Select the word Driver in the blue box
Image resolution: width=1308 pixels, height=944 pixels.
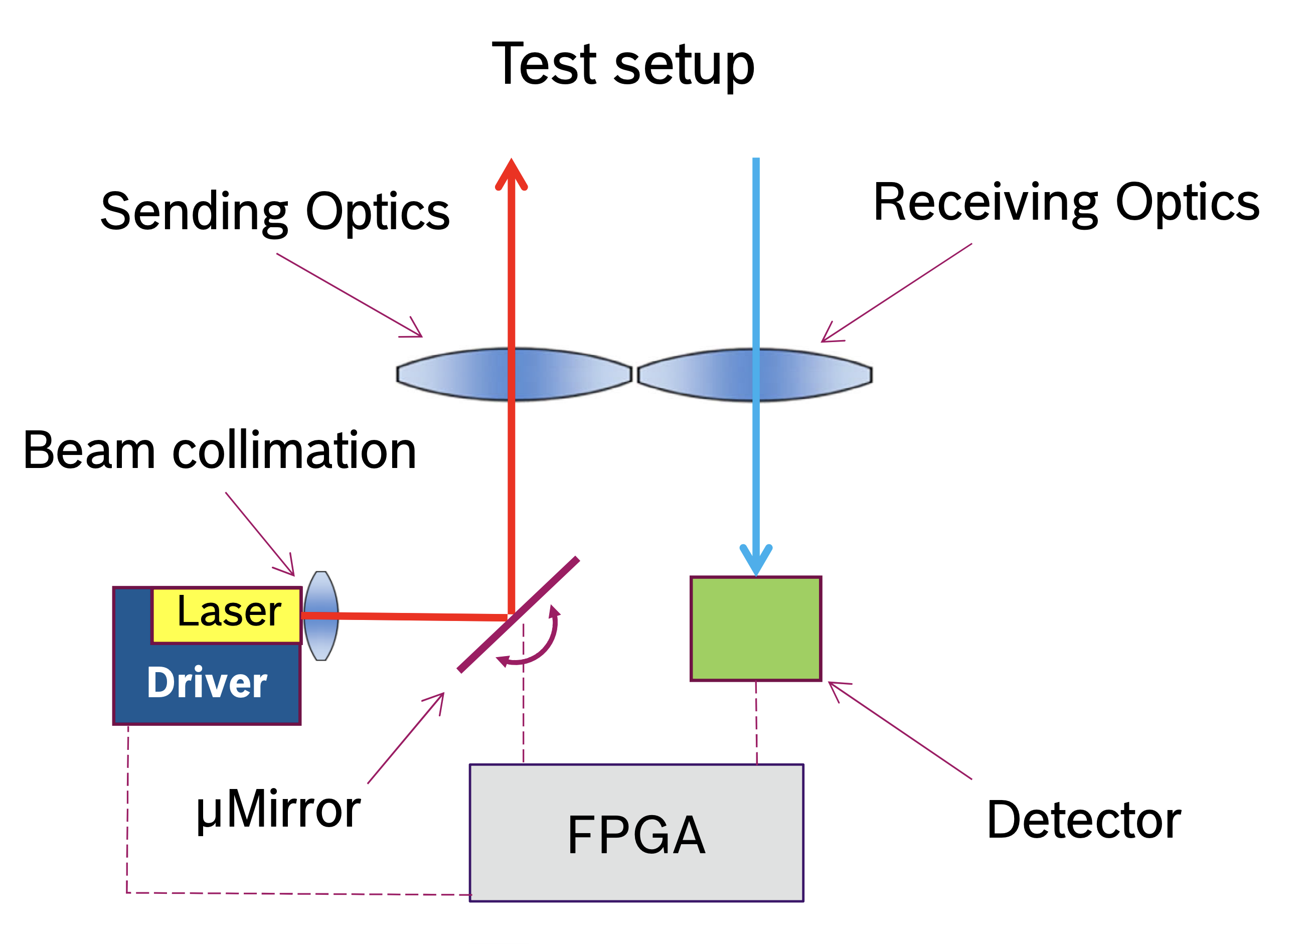[x=207, y=683]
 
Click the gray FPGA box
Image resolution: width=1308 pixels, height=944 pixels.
[x=637, y=833]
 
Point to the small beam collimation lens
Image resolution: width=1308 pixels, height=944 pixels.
[x=321, y=616]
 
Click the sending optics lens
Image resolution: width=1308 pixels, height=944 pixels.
[x=515, y=374]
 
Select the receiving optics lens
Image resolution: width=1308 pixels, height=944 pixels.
[x=755, y=375]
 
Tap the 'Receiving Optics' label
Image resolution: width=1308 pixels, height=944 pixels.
[x=1067, y=204]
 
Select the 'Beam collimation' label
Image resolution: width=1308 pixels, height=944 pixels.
[x=219, y=450]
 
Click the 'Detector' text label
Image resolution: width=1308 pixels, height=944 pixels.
[x=1084, y=820]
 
